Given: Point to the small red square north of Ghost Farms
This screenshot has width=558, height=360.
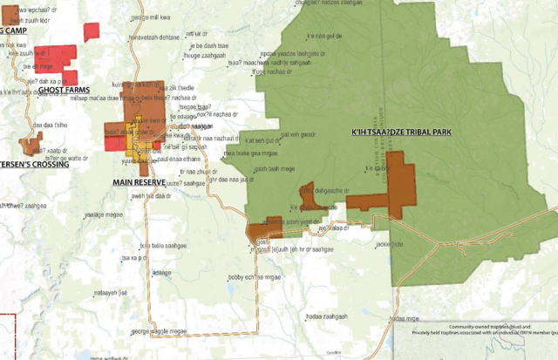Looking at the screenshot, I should click(92, 31).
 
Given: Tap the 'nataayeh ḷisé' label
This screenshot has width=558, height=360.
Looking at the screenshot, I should click(111, 293).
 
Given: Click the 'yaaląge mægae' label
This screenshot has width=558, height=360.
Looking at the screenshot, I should click(104, 214).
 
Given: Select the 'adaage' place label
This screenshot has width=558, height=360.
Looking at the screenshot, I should click(162, 273).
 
